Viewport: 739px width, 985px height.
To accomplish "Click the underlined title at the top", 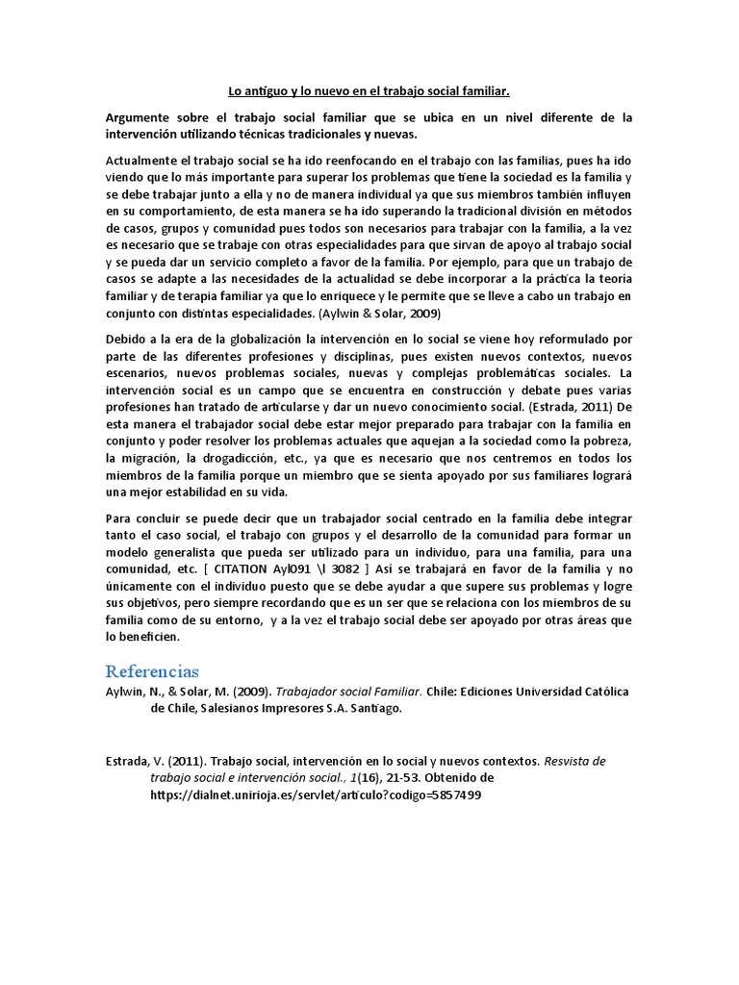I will pos(369,91).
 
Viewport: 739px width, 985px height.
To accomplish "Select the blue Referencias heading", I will pos(152,669).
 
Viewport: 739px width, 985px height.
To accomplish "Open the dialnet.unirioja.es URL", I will pos(316,795).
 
